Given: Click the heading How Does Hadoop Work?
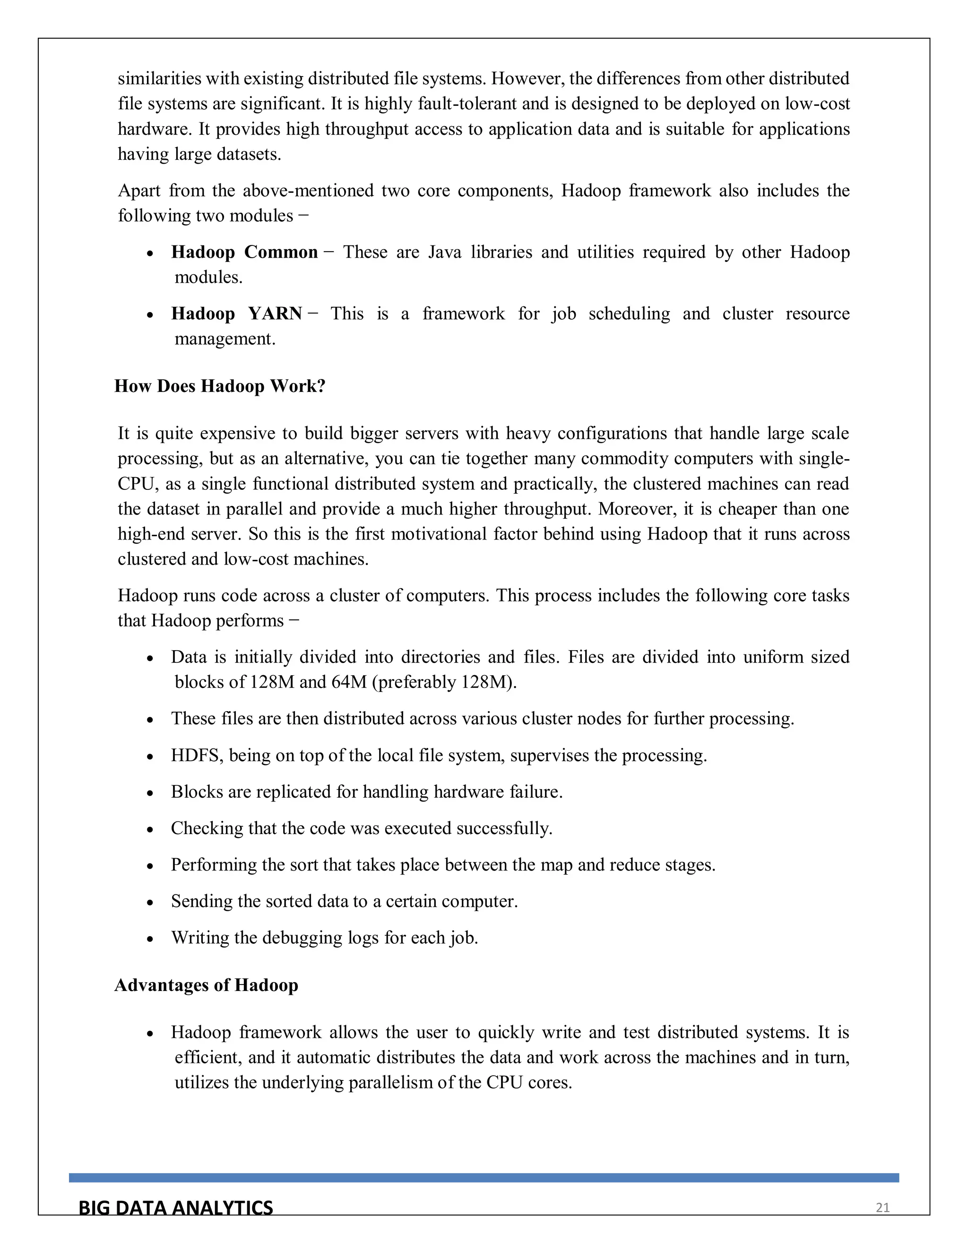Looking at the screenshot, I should (x=220, y=386).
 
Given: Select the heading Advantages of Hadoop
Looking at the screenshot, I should (x=207, y=985).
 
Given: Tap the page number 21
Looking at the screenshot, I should (x=882, y=1208).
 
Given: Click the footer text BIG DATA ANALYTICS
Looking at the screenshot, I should (x=175, y=1208).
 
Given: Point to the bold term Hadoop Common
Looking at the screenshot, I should (x=244, y=252).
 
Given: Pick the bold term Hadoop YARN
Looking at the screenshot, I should (x=236, y=314).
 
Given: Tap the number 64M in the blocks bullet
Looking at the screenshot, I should (x=349, y=682).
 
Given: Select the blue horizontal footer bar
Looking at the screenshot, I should (x=484, y=1178).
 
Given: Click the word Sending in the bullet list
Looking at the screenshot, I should (x=201, y=901).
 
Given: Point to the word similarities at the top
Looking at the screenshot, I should (x=159, y=78).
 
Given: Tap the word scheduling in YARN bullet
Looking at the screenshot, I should (x=629, y=314).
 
